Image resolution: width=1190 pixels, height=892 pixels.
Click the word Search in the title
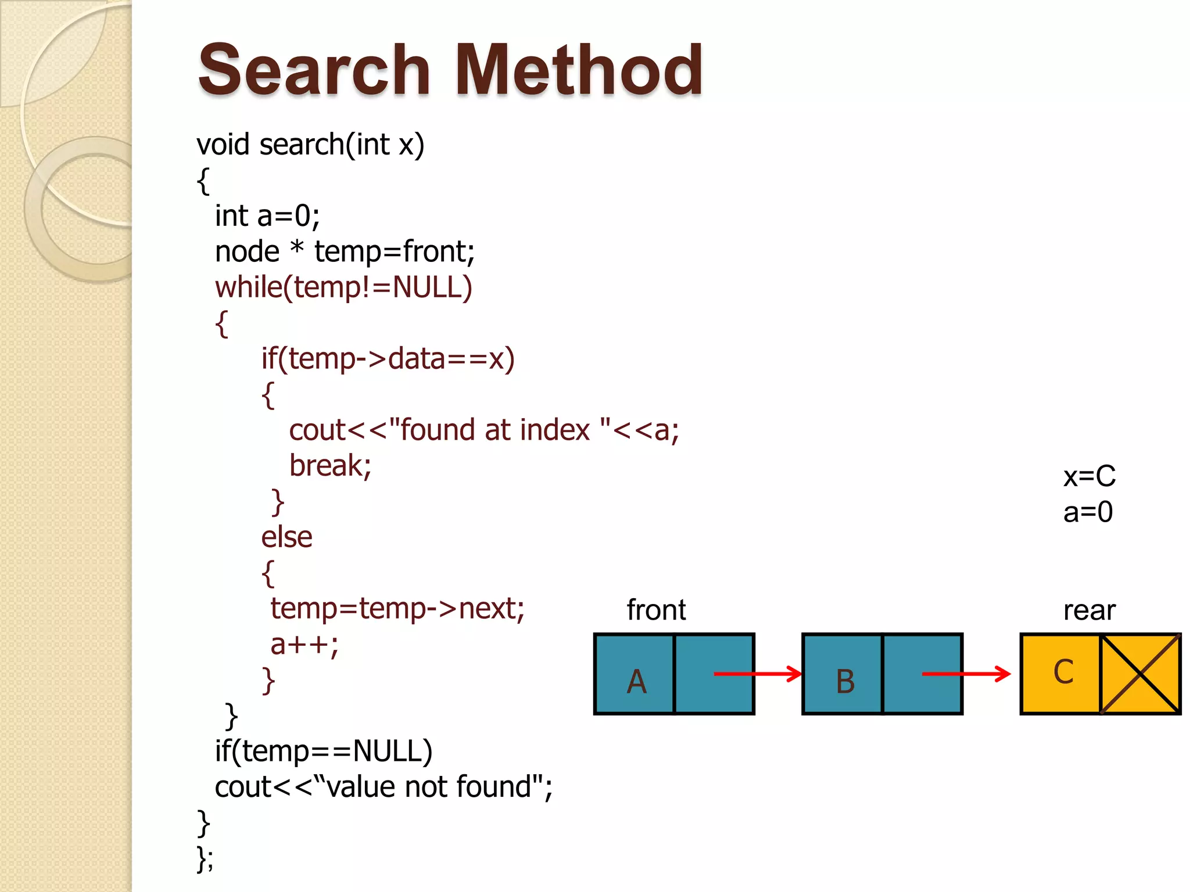[314, 71]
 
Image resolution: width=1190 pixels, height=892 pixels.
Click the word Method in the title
[578, 71]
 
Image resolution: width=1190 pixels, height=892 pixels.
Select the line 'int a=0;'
[267, 216]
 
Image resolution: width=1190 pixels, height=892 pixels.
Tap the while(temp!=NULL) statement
[343, 287]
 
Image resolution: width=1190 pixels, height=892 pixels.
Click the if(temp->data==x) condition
[388, 359]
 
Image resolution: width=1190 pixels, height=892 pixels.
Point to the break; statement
[330, 466]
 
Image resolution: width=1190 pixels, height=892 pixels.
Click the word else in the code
[286, 537]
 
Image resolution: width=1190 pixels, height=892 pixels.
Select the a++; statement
[304, 645]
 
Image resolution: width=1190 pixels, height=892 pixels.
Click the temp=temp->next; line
[397, 609]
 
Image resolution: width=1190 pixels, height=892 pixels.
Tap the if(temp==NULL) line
[324, 751]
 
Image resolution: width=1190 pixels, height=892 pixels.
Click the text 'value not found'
[430, 787]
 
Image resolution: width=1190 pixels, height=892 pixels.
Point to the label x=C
[1089, 476]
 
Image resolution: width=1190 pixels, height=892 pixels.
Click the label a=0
[1088, 512]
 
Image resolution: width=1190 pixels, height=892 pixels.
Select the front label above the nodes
[656, 610]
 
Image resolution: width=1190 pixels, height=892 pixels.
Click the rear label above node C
[1089, 610]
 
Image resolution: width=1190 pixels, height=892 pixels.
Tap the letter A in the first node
[636, 681]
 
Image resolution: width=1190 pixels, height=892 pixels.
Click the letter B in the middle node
[845, 681]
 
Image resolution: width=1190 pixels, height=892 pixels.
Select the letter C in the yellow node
[1063, 672]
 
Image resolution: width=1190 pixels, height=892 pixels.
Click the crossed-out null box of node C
[1141, 674]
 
